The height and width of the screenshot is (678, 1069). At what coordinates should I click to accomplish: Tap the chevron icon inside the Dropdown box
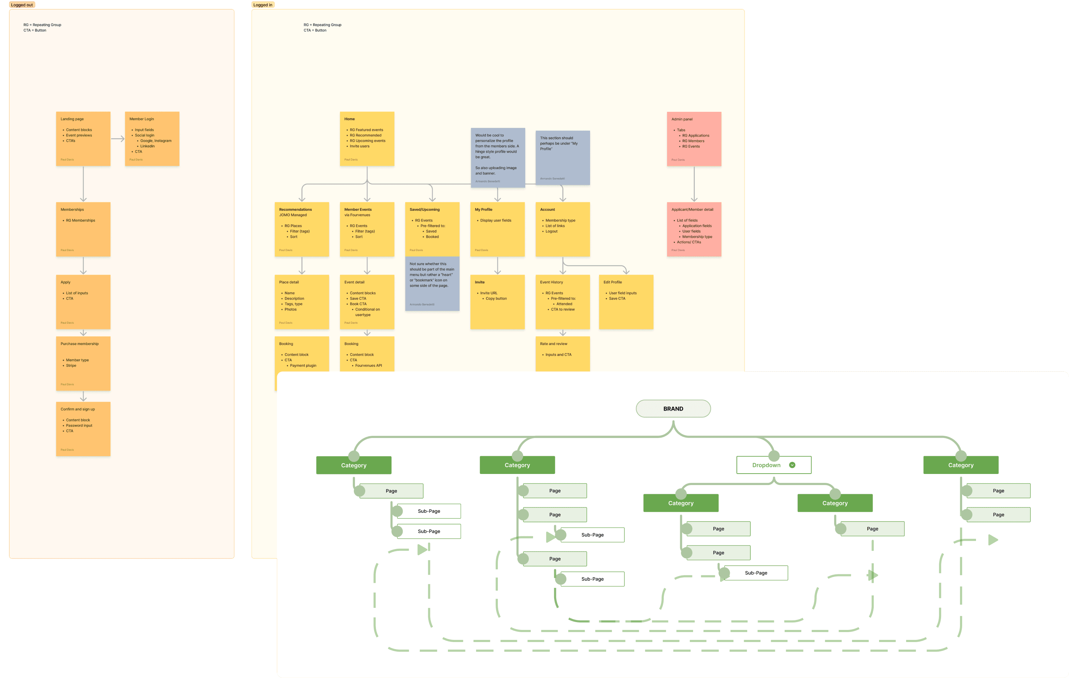[792, 465]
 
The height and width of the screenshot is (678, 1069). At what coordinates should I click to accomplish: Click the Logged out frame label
[22, 5]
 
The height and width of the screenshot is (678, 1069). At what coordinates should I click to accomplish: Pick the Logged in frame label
[263, 5]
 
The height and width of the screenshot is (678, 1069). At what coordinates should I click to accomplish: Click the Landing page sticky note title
[72, 119]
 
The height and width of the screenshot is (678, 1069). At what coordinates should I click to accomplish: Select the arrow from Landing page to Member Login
[118, 139]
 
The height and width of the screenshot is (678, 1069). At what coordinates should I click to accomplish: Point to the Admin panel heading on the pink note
[682, 119]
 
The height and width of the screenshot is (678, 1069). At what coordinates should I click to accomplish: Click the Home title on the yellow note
[349, 119]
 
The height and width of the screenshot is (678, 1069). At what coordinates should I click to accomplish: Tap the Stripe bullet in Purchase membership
[71, 366]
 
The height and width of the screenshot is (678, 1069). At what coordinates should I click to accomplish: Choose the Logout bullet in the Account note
[551, 231]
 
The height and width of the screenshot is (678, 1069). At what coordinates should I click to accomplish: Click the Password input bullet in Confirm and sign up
[79, 426]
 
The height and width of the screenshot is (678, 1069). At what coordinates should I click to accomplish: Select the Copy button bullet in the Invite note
[496, 299]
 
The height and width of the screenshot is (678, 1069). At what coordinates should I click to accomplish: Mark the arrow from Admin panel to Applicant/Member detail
[694, 184]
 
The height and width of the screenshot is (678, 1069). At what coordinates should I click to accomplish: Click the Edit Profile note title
[613, 282]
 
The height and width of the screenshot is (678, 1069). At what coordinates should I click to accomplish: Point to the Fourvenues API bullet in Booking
[368, 366]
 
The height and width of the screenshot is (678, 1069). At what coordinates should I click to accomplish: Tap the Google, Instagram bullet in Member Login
[156, 141]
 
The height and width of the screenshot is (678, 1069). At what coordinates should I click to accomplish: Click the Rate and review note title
[554, 344]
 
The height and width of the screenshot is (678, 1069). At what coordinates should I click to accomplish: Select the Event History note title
[551, 282]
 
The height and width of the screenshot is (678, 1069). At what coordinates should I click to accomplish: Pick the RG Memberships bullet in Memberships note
[80, 220]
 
